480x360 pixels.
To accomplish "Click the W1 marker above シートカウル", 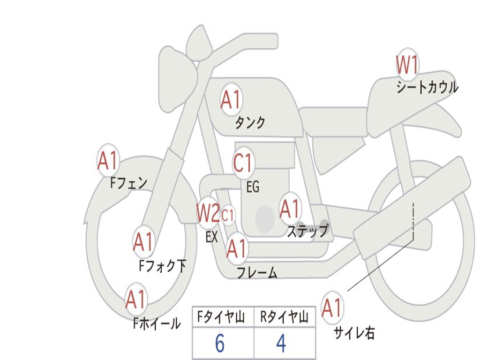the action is coord(407,65).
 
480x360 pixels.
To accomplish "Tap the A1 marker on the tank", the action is coord(231,100).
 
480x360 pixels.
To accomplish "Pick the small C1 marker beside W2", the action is coord(228,216).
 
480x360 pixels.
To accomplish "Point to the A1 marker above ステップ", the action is coord(290,209).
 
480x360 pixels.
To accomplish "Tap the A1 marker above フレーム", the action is coord(237,248).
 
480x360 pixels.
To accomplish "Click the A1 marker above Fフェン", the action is coord(108,161).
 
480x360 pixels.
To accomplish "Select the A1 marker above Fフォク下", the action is coord(143,242).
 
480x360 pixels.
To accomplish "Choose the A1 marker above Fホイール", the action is coord(136,300).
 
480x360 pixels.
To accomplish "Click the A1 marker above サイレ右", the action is coord(332,308).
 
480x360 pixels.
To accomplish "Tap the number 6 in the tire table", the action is coord(219,344).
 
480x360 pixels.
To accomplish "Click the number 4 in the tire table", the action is coord(281,344).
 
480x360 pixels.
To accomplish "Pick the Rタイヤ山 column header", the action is coord(284,318).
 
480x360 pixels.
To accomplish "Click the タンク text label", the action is coord(250,123).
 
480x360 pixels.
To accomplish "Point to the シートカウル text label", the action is coord(427,88).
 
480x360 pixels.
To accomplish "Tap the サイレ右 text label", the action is coord(354,333).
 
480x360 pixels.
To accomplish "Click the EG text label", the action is coord(253,187).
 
